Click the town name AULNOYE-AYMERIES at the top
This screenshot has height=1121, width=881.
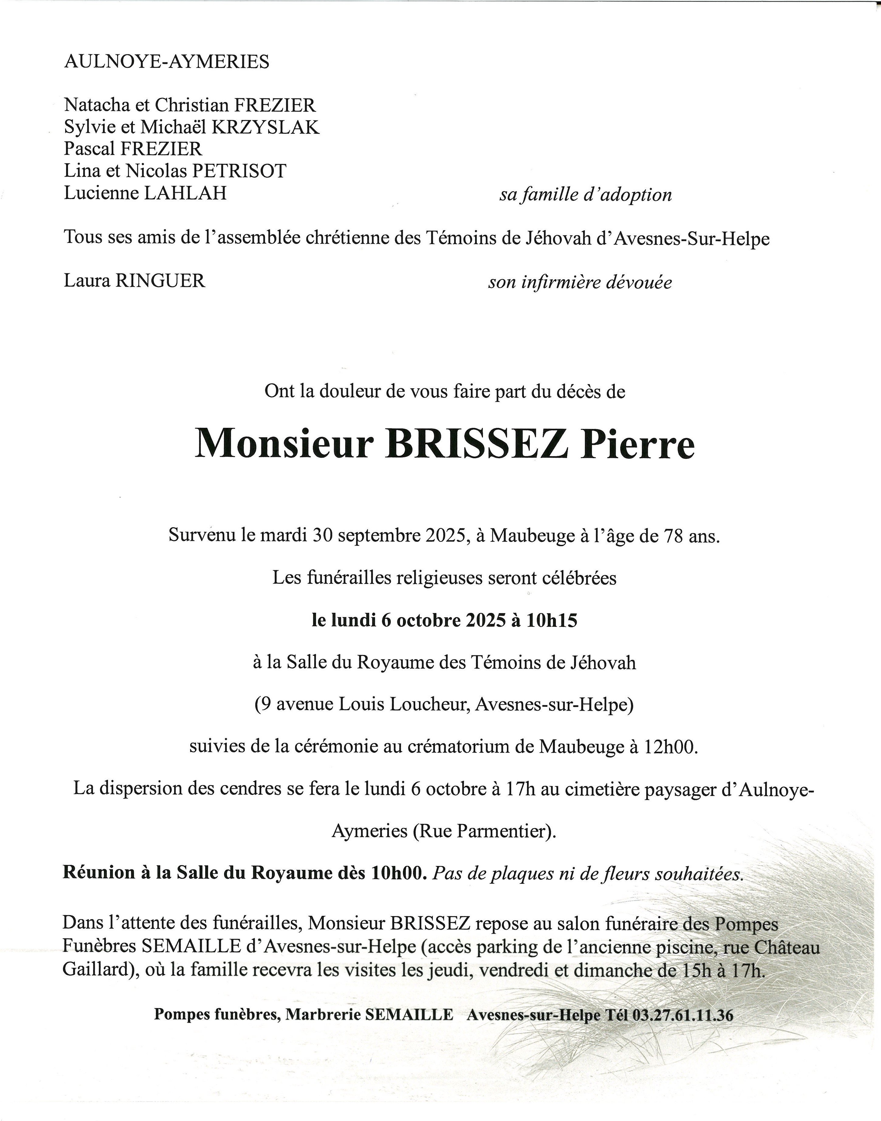click(x=166, y=62)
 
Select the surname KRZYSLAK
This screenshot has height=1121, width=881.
click(x=266, y=127)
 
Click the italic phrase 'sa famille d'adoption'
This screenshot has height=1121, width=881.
click(x=585, y=195)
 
